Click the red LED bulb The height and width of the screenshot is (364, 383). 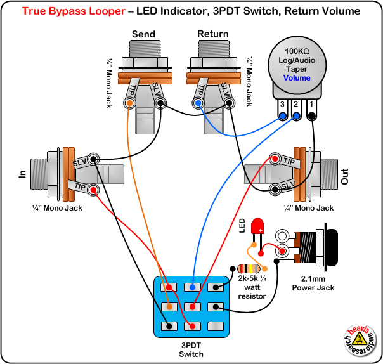(x=258, y=226)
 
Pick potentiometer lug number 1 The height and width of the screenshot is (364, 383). (x=312, y=116)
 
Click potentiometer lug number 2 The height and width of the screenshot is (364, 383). (x=297, y=116)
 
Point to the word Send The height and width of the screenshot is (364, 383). (x=143, y=34)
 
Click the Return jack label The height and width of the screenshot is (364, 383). (x=213, y=34)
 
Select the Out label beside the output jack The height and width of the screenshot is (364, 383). (x=345, y=176)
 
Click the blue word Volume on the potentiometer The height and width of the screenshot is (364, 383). (x=297, y=78)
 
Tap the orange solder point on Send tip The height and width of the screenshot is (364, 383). (x=130, y=103)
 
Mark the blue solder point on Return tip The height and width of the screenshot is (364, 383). (x=198, y=103)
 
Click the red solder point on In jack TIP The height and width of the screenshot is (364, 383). (x=93, y=189)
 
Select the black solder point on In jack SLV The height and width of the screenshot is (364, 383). (x=94, y=159)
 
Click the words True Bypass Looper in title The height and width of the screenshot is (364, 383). (x=71, y=11)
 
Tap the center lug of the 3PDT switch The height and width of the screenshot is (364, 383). (x=191, y=307)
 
